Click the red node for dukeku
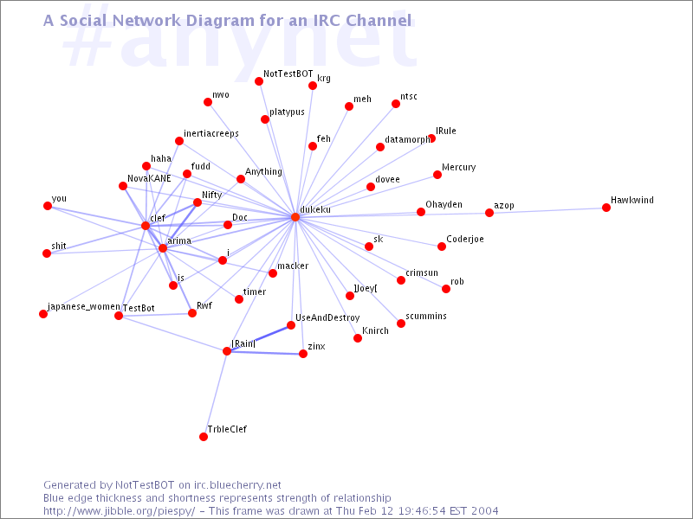[295, 217]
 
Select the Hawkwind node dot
[606, 208]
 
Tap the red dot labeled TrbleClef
[204, 437]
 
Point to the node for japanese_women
[42, 314]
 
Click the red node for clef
[146, 226]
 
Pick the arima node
[163, 248]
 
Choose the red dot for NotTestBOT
[259, 81]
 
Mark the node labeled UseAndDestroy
[291, 325]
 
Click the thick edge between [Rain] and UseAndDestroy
[258, 338]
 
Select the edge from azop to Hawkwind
[547, 210]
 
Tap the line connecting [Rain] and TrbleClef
[215, 394]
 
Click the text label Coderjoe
[465, 239]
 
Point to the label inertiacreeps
[211, 133]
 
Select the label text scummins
[426, 316]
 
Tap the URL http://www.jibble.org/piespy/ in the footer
[120, 511]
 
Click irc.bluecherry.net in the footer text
[237, 485]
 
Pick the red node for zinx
[302, 354]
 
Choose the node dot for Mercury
[437, 175]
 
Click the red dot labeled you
[48, 206]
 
